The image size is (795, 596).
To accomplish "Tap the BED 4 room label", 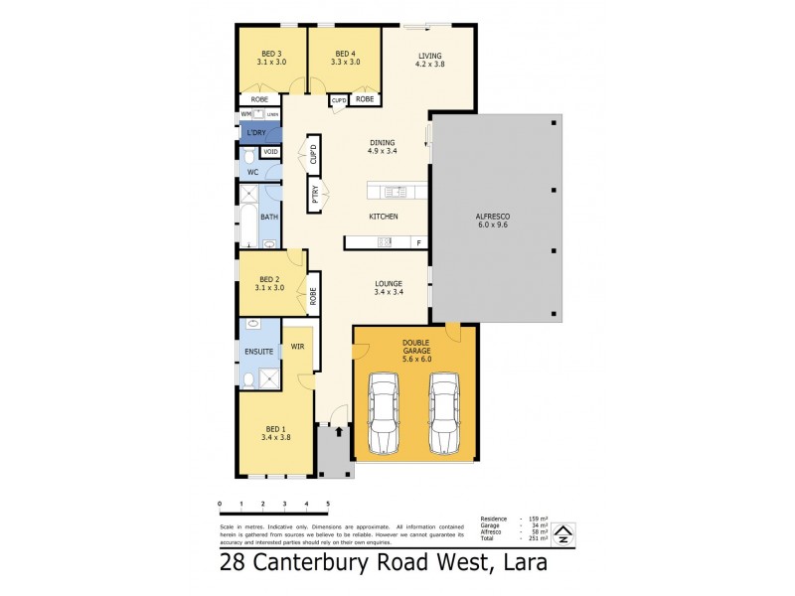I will click(345, 58).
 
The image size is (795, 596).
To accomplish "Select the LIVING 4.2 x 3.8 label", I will click(429, 60).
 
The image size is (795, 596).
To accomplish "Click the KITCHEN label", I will click(384, 217).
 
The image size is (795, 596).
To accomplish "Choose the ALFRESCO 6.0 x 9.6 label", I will click(493, 221).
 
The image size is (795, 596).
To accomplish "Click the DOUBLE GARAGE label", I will click(415, 348).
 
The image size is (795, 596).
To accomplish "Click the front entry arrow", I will click(340, 431).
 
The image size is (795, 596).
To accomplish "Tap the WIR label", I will click(297, 347).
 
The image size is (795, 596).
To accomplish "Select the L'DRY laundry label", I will click(256, 133).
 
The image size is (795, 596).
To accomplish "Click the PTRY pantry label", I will click(314, 195).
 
